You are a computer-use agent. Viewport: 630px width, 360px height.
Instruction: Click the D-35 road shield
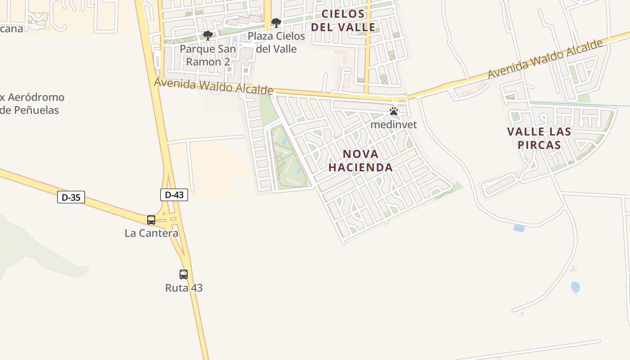point(71,197)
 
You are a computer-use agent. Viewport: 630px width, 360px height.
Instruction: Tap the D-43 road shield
point(174,195)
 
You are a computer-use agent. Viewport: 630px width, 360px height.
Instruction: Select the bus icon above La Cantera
point(151,220)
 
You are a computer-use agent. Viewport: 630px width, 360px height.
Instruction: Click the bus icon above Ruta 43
point(184,274)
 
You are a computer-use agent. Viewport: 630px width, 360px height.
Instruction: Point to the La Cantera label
point(151,233)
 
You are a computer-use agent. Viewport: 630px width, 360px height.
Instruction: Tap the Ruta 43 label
point(184,288)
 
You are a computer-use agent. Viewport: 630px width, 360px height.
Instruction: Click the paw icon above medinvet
point(394,111)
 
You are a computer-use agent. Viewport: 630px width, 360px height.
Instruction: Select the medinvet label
point(394,124)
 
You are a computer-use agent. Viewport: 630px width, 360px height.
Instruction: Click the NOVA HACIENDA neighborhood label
point(360,161)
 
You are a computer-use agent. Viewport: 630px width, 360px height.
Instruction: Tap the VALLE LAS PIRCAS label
point(539,138)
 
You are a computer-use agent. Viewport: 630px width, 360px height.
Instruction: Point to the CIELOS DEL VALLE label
point(343,20)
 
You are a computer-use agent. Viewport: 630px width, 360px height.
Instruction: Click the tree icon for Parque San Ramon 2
point(207,35)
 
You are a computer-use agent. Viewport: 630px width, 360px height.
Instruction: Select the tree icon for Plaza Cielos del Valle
point(276,22)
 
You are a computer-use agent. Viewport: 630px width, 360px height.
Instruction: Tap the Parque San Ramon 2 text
point(208,55)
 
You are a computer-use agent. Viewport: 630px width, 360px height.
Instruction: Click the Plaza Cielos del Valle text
point(276,42)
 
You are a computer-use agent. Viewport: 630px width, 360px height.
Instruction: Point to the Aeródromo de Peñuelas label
point(31,103)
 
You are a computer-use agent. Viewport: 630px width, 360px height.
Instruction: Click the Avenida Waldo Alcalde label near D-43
point(214,85)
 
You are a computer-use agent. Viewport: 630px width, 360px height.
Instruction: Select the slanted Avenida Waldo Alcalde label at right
point(545,58)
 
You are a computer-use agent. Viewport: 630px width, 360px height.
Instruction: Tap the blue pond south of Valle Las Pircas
point(519,228)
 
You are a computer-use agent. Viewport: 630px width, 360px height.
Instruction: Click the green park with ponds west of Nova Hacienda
point(288,157)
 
